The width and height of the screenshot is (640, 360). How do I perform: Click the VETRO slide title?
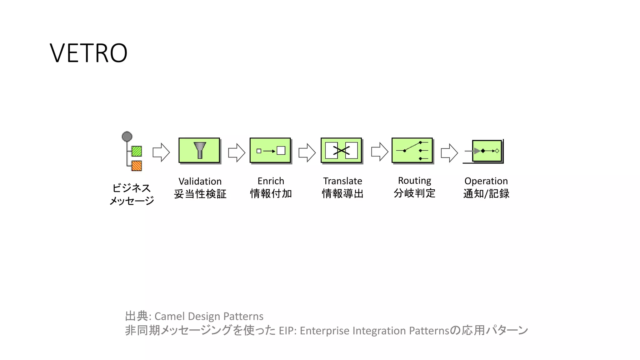pos(88,53)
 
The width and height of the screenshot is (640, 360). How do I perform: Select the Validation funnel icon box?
pos(199,150)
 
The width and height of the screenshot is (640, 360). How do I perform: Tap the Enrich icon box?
pos(270,150)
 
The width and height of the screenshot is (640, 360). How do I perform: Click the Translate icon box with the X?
pos(341,150)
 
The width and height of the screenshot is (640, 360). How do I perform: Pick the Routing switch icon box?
pos(412,150)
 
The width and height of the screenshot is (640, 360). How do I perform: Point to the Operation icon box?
pos(487,151)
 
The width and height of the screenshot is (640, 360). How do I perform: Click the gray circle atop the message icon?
pos(127,137)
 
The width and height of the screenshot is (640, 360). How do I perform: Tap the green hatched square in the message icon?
pos(137,151)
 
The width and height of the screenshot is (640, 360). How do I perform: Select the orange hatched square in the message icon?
pos(137,166)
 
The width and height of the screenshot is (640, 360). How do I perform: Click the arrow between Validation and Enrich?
pos(237,152)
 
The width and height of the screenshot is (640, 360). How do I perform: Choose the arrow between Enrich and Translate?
pos(307,152)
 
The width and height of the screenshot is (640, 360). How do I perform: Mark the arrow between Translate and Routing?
pos(379,152)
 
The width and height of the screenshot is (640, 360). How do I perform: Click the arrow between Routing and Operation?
pos(449,153)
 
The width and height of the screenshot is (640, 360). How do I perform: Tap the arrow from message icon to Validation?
pos(161,152)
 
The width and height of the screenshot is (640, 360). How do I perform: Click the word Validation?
pos(200,181)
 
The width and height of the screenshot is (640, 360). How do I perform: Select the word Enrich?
pos(271,181)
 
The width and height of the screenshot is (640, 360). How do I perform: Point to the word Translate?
pos(342,181)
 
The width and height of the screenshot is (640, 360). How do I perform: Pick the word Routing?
pos(414,181)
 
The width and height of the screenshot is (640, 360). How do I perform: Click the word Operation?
pos(486,181)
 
